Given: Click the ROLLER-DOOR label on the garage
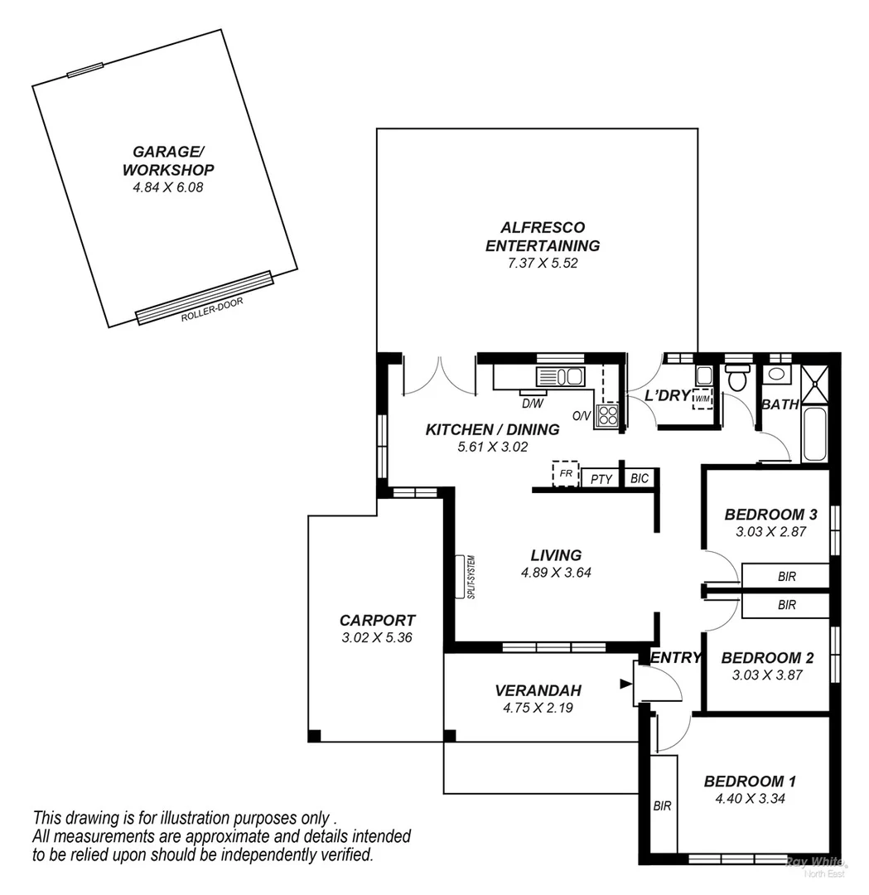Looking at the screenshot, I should tap(212, 309).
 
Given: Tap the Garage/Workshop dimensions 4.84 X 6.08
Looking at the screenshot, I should tap(168, 187).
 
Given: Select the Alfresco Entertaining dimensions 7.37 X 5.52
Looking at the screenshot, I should tap(542, 264).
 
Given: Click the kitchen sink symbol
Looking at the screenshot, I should tap(561, 377).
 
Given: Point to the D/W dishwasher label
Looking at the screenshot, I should tap(532, 404).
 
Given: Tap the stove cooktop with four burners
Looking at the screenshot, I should tap(607, 414).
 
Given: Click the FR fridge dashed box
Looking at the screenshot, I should tap(566, 474).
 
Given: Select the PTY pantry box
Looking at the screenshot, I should tap(601, 479).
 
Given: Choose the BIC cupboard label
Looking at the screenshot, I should tap(639, 479).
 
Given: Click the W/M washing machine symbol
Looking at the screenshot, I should tap(702, 399).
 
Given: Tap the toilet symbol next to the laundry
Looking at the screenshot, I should tap(736, 379).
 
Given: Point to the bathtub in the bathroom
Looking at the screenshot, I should tap(814, 433).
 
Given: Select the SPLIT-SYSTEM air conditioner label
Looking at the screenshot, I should tap(470, 577).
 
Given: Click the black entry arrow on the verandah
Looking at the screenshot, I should tap(625, 684).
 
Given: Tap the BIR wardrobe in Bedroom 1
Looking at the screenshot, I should tap(662, 805).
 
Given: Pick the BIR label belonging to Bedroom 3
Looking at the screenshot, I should tap(786, 575).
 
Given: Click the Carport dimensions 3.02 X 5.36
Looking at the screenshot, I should tap(377, 638).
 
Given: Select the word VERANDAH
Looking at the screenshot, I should tap(538, 690).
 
